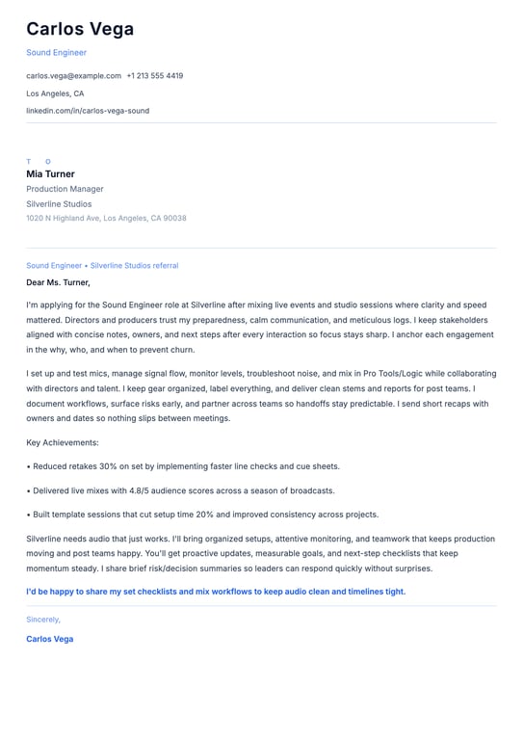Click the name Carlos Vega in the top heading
(x=80, y=29)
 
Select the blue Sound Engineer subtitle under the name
(x=56, y=53)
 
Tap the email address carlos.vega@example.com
(x=73, y=75)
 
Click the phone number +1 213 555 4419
(x=154, y=75)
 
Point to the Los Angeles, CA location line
(x=55, y=93)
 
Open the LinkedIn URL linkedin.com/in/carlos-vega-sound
(x=88, y=111)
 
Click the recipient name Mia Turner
(x=50, y=174)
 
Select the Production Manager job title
(x=65, y=189)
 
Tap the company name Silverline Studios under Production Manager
(x=59, y=204)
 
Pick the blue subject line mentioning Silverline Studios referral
(x=102, y=265)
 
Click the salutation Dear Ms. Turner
(x=58, y=282)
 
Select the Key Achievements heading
(x=63, y=442)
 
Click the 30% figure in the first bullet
(x=109, y=466)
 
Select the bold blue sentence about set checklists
(x=216, y=592)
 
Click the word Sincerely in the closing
(x=43, y=620)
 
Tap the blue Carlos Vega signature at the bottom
(x=49, y=639)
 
